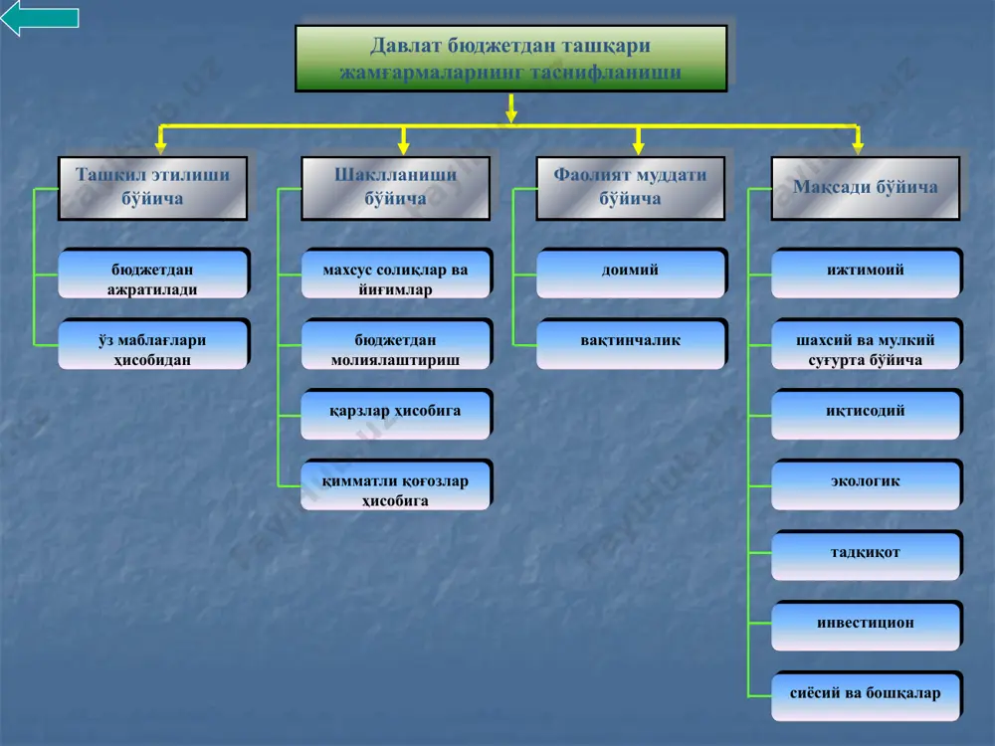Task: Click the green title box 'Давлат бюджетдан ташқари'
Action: tap(510, 59)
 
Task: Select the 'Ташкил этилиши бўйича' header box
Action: tap(152, 188)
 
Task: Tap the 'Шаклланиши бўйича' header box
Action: tap(395, 188)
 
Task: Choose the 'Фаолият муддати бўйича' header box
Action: tap(630, 188)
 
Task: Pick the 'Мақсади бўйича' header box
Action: tap(865, 188)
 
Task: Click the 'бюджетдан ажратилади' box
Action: tap(153, 275)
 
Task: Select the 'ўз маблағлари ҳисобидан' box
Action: tap(153, 344)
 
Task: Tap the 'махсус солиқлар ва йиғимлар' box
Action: tap(396, 275)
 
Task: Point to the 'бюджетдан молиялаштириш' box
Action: tap(396, 344)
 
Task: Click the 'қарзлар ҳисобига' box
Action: tap(396, 415)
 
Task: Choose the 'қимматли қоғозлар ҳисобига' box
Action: tap(396, 485)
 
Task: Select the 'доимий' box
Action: tap(631, 275)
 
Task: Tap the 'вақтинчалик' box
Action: tap(631, 344)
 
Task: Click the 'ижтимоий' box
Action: tap(867, 275)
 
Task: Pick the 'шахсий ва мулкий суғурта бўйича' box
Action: tap(867, 344)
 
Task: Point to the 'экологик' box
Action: tap(867, 485)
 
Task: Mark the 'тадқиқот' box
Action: tap(867, 556)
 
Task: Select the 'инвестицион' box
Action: tap(867, 627)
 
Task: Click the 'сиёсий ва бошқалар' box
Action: tap(867, 696)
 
